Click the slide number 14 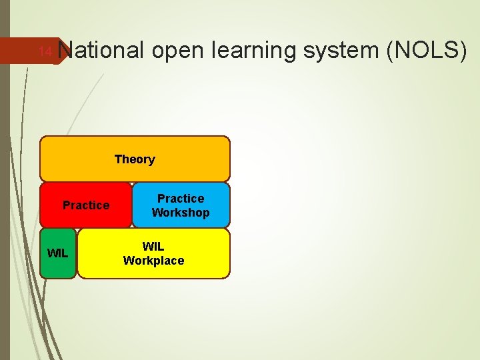click(45, 51)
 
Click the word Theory click(135, 159)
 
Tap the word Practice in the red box click(86, 205)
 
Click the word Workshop click(181, 213)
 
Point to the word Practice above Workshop click(181, 199)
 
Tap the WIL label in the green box click(57, 253)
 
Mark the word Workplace click(153, 261)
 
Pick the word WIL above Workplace click(153, 247)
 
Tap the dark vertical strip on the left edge click(5, 200)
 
